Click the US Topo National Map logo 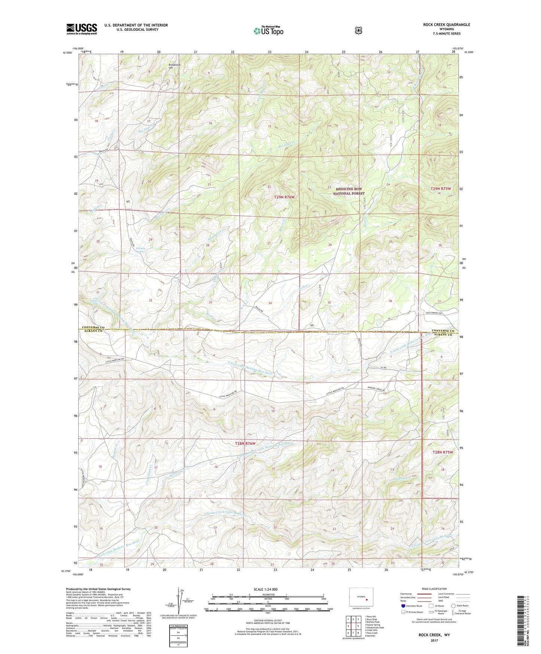tap(268, 30)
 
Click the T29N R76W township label tap(284, 197)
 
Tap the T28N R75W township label tap(443, 452)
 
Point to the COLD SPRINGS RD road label tap(433, 313)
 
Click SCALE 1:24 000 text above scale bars tap(265, 589)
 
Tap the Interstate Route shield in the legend tap(403, 605)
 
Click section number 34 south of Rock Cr tap(270, 303)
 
